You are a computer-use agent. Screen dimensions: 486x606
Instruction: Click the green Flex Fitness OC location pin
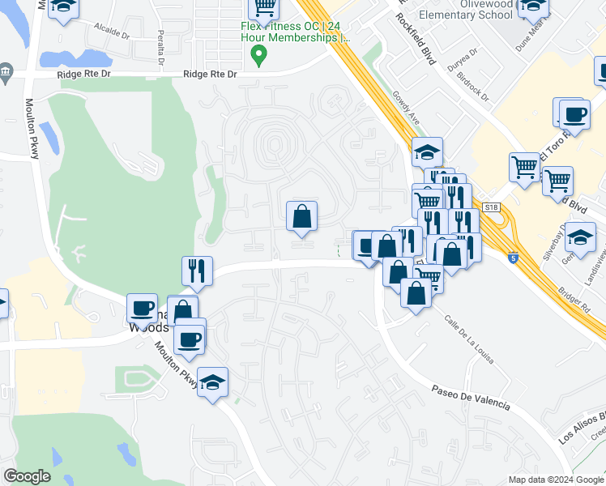[259, 56]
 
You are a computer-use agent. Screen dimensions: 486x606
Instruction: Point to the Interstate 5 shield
[513, 258]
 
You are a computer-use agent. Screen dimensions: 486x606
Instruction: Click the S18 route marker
[491, 208]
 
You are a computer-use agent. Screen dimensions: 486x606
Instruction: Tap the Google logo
[27, 476]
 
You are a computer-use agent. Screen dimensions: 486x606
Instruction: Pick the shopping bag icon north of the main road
[301, 216]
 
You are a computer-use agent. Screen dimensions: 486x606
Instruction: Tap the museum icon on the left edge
[6, 72]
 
